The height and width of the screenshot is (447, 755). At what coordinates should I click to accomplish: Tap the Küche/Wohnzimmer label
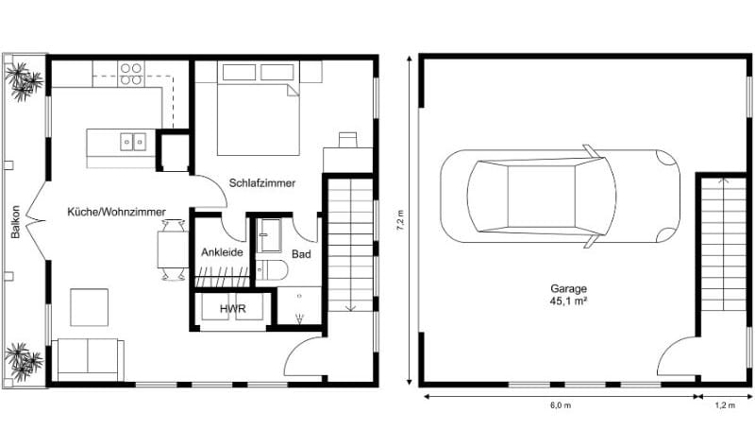point(117,214)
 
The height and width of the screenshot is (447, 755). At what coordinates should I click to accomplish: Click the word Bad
point(301,254)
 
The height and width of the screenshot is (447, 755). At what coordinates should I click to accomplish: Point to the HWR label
point(232,308)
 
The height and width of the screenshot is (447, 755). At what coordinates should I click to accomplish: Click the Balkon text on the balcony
point(16,223)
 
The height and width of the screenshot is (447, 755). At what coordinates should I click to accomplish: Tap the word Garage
point(570,288)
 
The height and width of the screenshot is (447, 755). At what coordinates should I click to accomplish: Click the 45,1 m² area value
point(570,302)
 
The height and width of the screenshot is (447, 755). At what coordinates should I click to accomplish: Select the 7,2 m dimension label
point(401,221)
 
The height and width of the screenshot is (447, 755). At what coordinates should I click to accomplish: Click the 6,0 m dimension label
point(560,405)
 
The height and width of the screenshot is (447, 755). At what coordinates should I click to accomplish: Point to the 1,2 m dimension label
point(725,405)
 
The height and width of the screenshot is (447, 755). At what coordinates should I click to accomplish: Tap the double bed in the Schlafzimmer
point(257,108)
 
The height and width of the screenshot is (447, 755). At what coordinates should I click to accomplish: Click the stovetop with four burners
point(131,73)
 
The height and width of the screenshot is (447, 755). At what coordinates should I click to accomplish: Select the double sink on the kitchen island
point(132,141)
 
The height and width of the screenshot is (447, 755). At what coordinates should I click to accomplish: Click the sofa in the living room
point(88,358)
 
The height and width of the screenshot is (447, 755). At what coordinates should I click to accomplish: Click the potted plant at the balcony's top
point(23,78)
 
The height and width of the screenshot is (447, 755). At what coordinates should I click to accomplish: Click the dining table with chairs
point(172,249)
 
